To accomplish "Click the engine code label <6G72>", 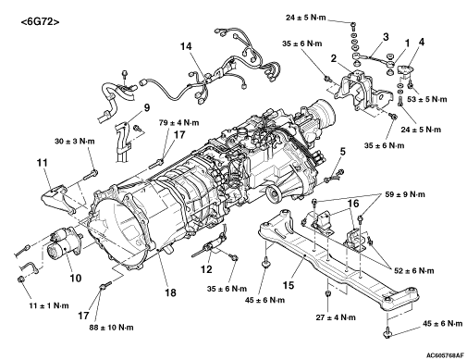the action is point(40,22).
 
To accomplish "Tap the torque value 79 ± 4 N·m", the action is point(178,122).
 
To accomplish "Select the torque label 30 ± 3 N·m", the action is point(75,142).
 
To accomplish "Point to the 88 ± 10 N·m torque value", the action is point(112,327).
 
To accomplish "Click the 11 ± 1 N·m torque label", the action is point(49,305).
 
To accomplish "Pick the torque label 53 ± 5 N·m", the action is point(426,99).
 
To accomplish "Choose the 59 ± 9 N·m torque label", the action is point(405,194).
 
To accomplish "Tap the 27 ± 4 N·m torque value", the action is point(336,317).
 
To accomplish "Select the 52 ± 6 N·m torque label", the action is point(414,271).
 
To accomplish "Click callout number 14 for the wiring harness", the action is point(186,46).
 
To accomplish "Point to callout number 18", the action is point(170,292).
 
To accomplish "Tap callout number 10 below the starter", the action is point(76,278).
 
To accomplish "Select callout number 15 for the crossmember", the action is point(289,285).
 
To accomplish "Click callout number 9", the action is point(147,107).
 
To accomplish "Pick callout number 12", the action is point(206,269).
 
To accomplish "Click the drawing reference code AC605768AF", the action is point(445,355).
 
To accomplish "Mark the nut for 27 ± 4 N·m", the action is point(328,292).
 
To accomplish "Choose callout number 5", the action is point(342,152).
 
